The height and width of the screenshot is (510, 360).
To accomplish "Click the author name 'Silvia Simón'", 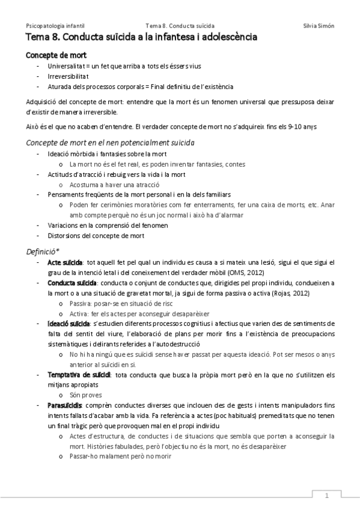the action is click(x=319, y=26).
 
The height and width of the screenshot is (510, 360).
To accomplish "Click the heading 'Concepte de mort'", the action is click(x=52, y=55).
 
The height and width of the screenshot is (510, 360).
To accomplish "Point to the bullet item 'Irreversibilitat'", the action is click(x=68, y=76).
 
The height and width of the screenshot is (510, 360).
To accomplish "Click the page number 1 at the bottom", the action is click(x=327, y=496).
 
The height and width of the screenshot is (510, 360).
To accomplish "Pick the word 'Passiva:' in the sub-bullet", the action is click(x=81, y=304).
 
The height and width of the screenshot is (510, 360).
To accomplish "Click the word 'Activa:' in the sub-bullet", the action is click(x=79, y=313).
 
